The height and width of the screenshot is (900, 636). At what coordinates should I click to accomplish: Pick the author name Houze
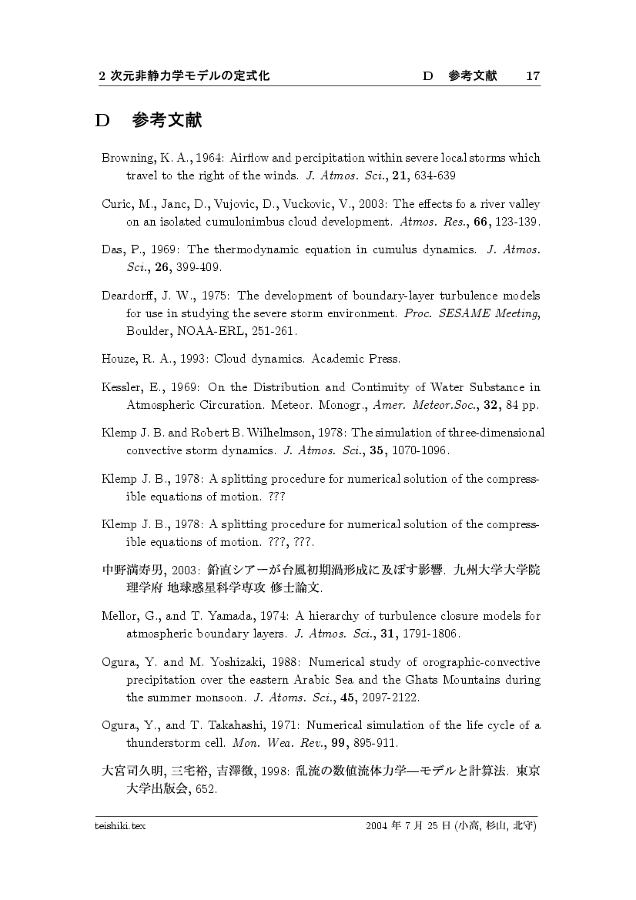tap(119, 359)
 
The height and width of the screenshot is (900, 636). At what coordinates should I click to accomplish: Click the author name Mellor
tap(119, 616)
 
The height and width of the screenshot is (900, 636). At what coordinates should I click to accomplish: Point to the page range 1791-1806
tap(431, 634)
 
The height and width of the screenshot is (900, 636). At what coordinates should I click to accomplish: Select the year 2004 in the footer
tap(378, 826)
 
